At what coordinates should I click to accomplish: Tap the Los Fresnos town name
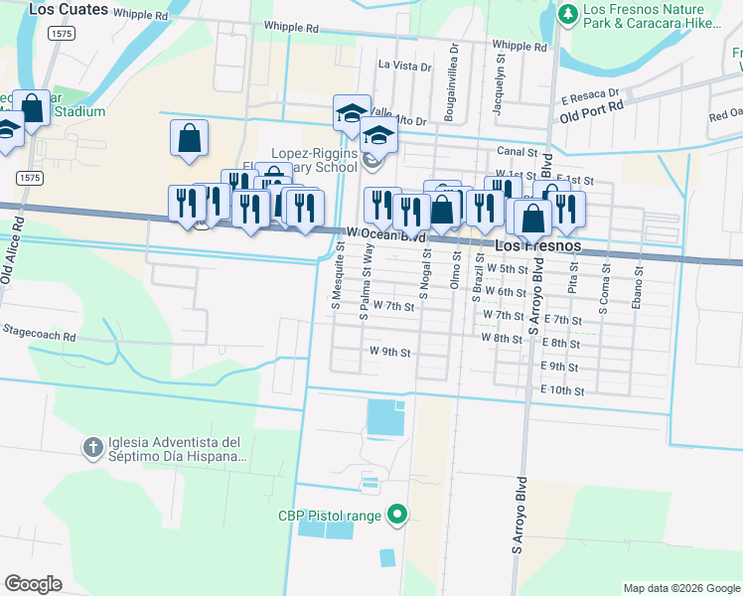click(x=537, y=245)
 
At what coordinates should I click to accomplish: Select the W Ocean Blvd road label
click(x=386, y=233)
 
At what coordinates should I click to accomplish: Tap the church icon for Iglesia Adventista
click(x=92, y=445)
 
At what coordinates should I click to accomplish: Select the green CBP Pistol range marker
click(x=397, y=514)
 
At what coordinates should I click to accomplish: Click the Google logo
click(x=33, y=584)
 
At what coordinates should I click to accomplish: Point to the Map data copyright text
click(x=679, y=588)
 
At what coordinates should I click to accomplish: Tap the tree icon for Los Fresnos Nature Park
click(x=567, y=14)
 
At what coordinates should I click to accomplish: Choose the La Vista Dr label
click(x=405, y=67)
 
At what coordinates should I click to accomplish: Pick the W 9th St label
click(x=389, y=352)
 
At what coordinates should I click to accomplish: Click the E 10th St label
click(x=562, y=391)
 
